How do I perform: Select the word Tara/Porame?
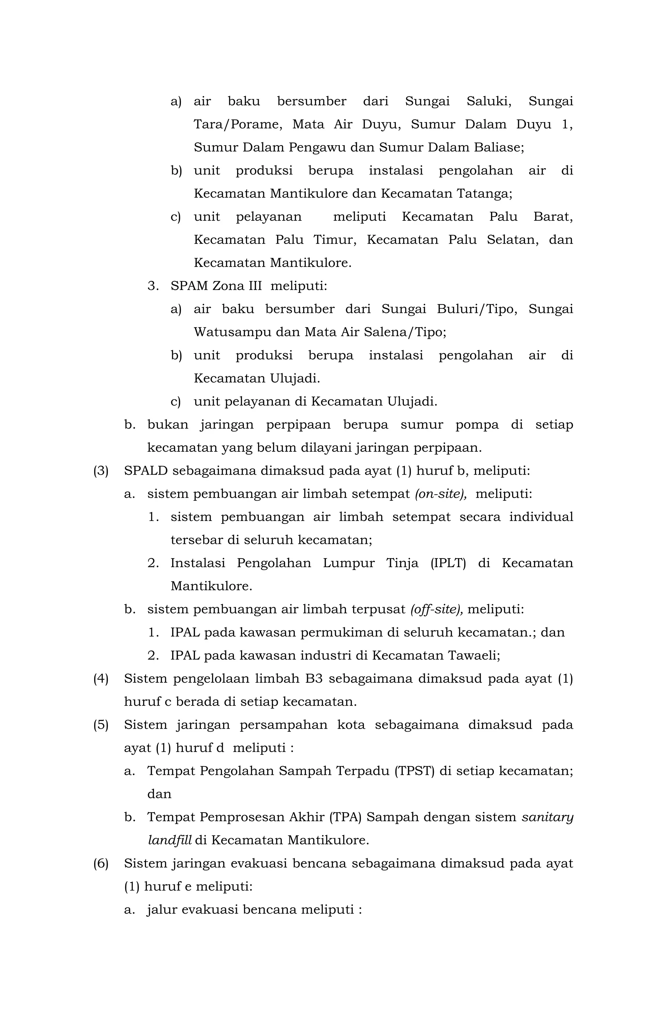(x=238, y=125)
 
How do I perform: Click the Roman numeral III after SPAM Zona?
(x=255, y=286)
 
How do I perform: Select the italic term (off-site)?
(x=436, y=609)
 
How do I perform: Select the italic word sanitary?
(x=547, y=817)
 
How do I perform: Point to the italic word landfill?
(x=170, y=840)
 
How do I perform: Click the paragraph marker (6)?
(x=101, y=864)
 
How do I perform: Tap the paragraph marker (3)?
(x=101, y=471)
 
